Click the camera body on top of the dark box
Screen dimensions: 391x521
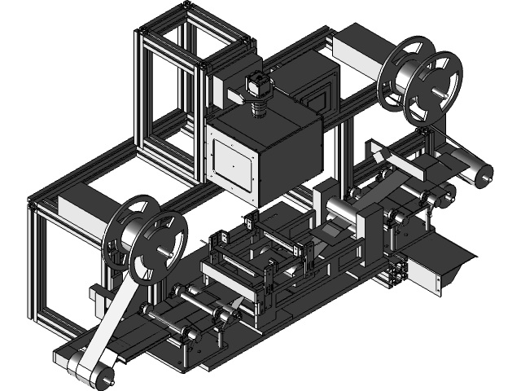pos(257,85)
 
